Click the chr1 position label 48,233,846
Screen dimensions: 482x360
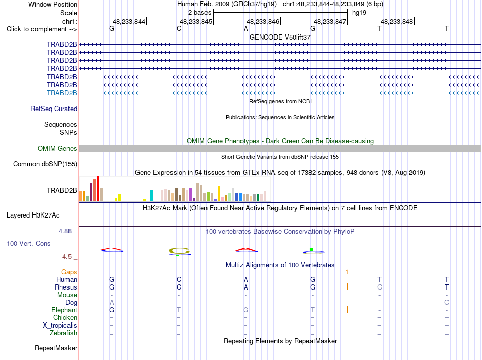point(263,21)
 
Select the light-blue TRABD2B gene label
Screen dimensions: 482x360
point(62,93)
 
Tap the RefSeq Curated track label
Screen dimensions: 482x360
point(54,109)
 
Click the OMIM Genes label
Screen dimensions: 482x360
point(57,149)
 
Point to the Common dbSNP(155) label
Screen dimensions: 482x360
point(45,164)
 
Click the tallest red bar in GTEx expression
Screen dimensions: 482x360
point(98,189)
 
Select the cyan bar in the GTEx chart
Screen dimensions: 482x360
point(151,195)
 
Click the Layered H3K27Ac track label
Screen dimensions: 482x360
point(33,215)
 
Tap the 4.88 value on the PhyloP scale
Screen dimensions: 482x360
point(65,231)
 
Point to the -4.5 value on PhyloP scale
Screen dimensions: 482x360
point(66,257)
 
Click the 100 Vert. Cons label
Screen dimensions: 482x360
point(28,243)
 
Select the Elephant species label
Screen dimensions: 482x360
point(64,310)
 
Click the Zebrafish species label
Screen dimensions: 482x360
point(63,333)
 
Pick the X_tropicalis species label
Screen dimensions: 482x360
point(60,326)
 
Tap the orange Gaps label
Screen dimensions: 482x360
point(69,272)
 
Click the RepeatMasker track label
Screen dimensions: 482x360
point(56,348)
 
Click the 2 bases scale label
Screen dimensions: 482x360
point(200,13)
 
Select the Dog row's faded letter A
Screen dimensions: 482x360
point(112,302)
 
